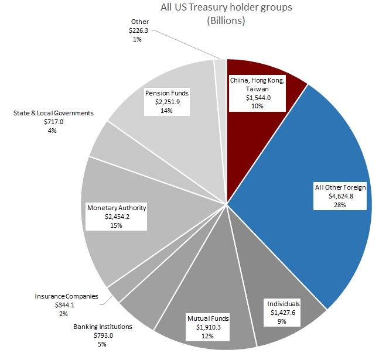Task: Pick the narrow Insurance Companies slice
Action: [115, 289]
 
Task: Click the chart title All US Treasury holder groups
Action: [226, 8]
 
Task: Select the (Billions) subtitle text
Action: [226, 20]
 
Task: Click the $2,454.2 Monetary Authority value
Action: [117, 217]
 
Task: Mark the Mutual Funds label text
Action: [208, 318]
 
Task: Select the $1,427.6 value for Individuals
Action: [283, 313]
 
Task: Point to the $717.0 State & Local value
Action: [52, 122]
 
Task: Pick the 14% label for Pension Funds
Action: [166, 110]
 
